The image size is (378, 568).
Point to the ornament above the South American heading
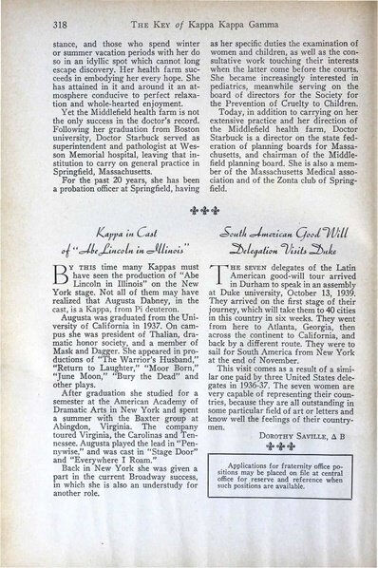pos(274,227)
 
